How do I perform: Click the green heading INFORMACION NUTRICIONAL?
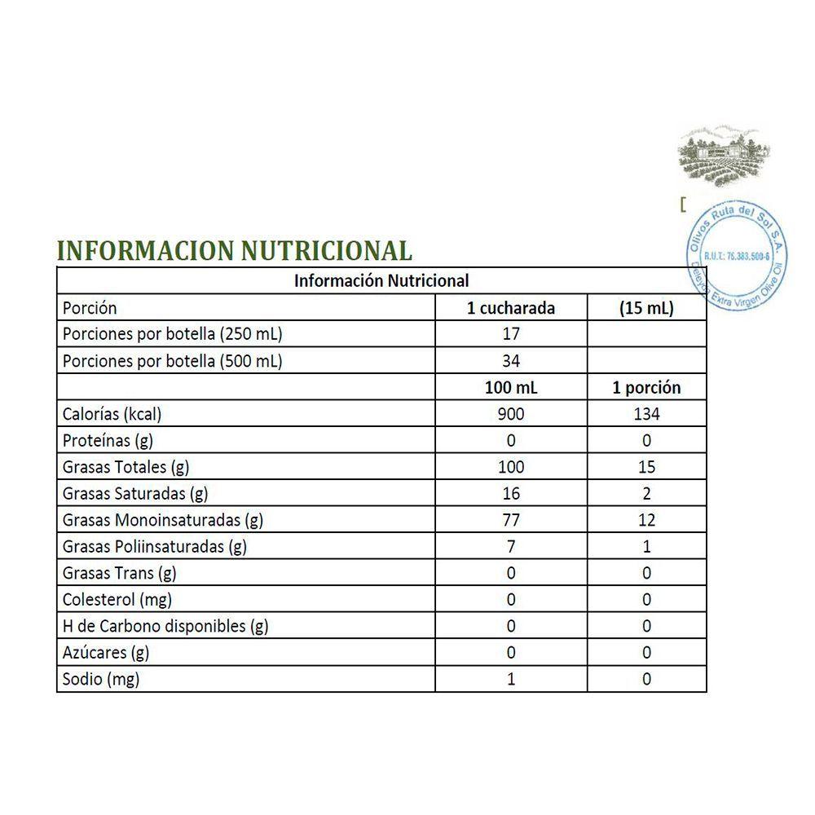click(x=235, y=249)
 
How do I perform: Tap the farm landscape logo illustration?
click(x=724, y=156)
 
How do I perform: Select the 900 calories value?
click(x=511, y=414)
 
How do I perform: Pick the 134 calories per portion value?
click(x=646, y=414)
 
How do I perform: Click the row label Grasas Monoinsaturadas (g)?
click(x=163, y=520)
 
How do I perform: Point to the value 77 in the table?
click(x=511, y=520)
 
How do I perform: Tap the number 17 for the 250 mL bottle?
click(x=511, y=334)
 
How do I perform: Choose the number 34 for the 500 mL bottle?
click(x=511, y=361)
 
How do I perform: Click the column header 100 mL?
click(x=511, y=388)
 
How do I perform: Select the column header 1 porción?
click(x=646, y=388)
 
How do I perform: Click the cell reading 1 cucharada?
click(x=511, y=308)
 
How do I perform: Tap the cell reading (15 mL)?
click(x=646, y=308)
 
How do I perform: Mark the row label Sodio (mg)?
click(x=101, y=679)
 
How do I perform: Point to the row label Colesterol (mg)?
click(x=115, y=600)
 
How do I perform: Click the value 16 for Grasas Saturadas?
click(x=511, y=494)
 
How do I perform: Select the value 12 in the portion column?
click(x=646, y=520)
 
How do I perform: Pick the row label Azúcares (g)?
click(x=106, y=653)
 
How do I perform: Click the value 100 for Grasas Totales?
click(x=511, y=467)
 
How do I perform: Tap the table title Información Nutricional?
click(x=381, y=281)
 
